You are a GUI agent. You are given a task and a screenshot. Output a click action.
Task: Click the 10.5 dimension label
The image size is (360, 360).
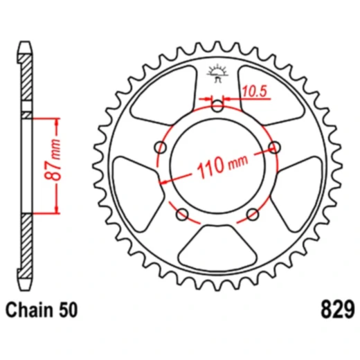(255, 91)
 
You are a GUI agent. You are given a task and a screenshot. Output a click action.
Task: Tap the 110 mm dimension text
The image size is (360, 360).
(222, 165)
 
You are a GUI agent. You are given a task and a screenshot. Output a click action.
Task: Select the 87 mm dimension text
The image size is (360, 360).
(53, 159)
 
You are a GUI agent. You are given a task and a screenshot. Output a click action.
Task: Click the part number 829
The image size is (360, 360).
(337, 309)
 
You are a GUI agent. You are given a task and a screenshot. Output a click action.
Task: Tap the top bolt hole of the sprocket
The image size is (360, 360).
(217, 106)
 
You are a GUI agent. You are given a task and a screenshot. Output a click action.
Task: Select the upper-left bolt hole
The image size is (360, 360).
(161, 147)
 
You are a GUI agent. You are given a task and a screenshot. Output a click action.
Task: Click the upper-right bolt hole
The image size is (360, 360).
(274, 147)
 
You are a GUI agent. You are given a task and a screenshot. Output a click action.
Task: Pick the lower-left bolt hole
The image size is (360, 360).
(182, 215)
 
